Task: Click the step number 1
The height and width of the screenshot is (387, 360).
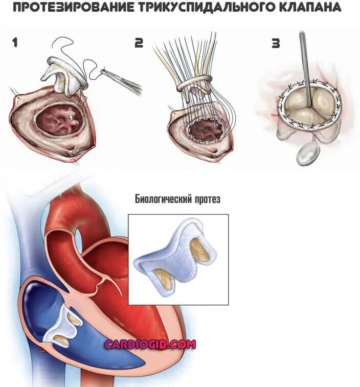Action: (15, 42)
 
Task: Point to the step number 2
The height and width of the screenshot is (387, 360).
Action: (139, 43)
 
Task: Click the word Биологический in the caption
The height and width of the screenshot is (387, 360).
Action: (162, 199)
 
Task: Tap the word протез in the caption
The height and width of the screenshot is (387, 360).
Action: (207, 199)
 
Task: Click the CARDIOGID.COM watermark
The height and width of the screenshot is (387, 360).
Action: (150, 344)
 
